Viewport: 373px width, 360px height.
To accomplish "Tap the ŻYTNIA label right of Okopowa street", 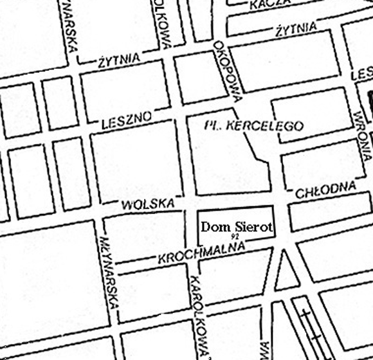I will click(x=295, y=28).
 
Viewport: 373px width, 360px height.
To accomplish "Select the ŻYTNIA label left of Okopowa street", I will click(x=120, y=62).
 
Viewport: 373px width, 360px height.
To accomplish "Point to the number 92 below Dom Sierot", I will click(x=233, y=239).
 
